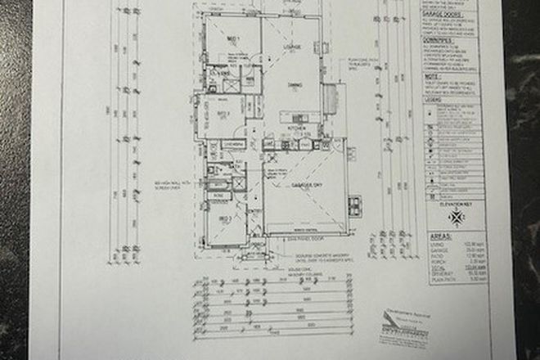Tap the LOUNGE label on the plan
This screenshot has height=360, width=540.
[293, 47]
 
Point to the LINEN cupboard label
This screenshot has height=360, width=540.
[232, 143]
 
